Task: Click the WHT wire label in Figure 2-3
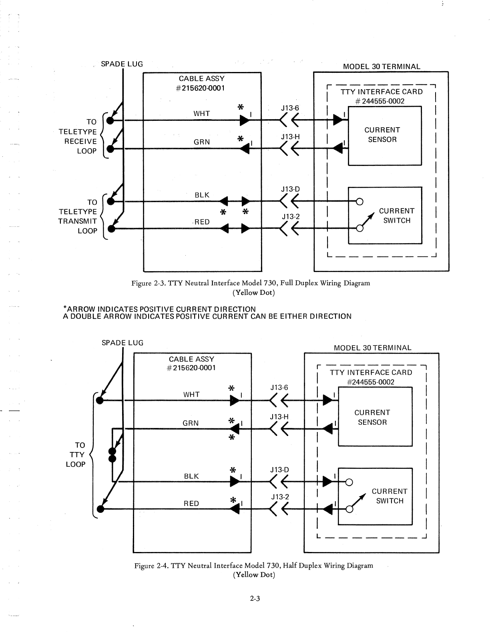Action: pos(201,114)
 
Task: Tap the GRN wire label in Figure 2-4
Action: pos(191,423)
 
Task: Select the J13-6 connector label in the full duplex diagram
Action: pos(290,108)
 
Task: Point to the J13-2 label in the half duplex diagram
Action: pos(280,497)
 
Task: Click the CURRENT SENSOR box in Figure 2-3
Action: pos(384,135)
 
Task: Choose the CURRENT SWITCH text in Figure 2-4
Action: pos(390,496)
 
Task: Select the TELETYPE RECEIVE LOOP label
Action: pos(78,136)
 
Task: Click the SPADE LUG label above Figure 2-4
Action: pos(122,343)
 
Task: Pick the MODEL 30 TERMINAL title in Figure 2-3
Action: pos(382,67)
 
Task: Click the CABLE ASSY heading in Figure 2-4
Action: pos(191,359)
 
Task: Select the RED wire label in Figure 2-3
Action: pos(202,222)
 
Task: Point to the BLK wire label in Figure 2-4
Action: pos(191,476)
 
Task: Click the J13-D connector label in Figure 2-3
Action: pos(291,189)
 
